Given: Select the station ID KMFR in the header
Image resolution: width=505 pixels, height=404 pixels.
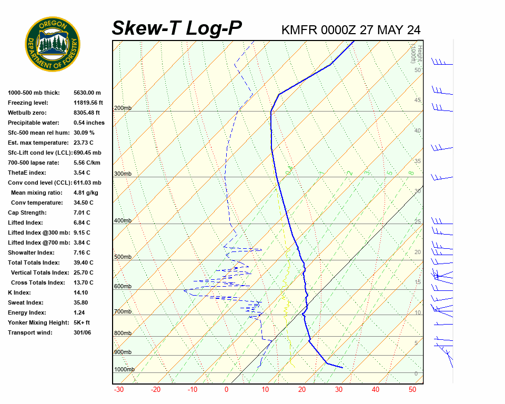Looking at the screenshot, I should coord(299,29).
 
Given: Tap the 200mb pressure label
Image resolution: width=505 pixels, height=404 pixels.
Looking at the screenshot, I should coord(123,108).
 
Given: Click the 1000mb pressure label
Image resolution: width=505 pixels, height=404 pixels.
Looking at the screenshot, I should coord(124,370).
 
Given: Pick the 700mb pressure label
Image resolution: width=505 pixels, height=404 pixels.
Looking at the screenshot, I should coord(123,312).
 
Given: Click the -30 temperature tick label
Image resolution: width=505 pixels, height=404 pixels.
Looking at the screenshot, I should coord(119,390).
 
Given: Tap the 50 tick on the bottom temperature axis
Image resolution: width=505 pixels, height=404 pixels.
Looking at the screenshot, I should coord(412,390).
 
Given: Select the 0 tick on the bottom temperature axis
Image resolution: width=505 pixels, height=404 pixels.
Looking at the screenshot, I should coord(227,390).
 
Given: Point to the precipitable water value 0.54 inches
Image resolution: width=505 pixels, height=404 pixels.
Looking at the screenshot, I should coord(89,123).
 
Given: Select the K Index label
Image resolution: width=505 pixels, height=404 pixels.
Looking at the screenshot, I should coord(19,292).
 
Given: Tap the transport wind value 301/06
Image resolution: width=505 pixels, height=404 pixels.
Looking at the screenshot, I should coord(83,332).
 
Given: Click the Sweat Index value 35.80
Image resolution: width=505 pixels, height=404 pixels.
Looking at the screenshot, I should coord(81,302).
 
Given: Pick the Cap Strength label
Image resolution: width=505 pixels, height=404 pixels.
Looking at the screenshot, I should coord(27,213).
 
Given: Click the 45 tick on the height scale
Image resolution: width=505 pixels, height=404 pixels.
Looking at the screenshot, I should coord(418,100).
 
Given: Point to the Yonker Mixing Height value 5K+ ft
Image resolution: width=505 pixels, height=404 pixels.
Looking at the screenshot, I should coord(82,322).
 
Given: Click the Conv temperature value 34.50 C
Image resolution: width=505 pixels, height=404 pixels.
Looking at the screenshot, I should coord(83,203).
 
